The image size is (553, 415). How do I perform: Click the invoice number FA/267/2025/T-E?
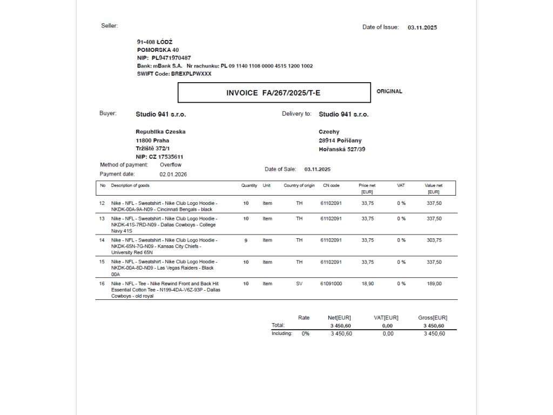291,93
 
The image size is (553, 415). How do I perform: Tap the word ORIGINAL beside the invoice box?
389,91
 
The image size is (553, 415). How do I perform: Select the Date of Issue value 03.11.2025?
422,28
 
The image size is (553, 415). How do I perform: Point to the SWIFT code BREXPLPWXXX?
191,73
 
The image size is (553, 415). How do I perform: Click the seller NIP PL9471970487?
171,58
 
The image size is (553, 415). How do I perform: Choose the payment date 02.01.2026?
173,175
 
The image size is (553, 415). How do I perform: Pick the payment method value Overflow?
171,165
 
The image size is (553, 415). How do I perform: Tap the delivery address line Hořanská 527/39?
342,149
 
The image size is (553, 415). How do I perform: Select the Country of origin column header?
299,185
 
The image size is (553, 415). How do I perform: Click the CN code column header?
331,185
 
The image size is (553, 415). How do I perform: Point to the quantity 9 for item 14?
246,240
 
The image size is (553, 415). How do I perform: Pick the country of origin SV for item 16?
299,284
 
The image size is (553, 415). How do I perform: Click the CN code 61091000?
331,284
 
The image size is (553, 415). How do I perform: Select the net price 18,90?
367,284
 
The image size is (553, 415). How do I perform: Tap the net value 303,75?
434,240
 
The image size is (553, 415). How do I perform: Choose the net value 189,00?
434,284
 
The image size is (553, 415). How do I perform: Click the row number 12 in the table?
102,204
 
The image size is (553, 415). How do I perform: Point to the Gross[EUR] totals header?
433,318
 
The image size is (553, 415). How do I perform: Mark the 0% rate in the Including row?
306,333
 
